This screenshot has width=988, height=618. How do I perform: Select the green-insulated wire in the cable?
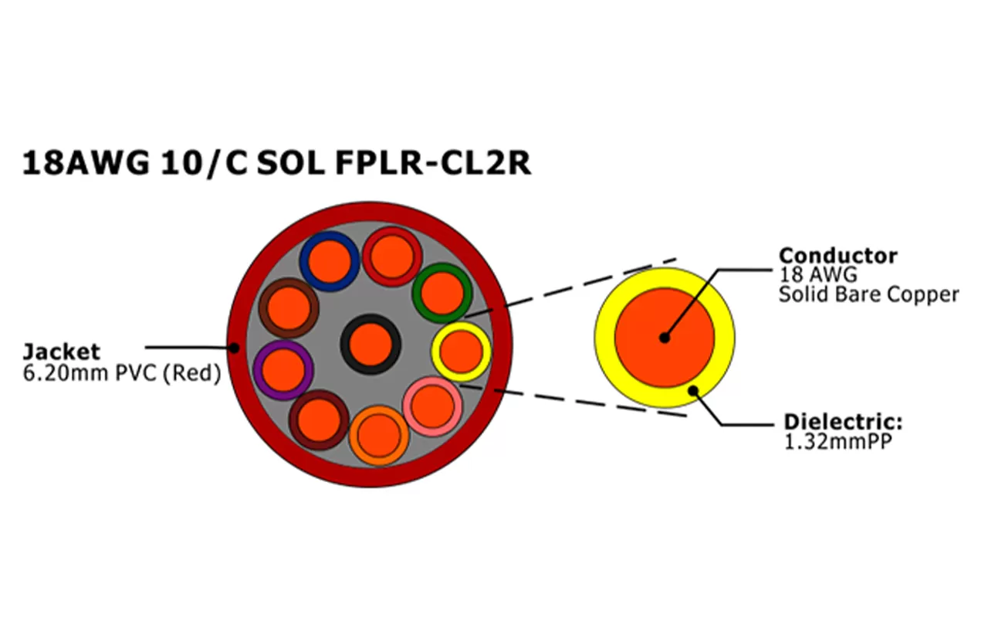pos(442,292)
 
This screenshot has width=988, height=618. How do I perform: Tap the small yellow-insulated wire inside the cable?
pos(462,351)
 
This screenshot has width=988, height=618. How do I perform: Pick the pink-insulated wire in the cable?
pos(433,406)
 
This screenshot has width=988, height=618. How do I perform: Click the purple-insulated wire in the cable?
pos(283,370)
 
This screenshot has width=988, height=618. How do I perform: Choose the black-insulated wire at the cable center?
pos(370,344)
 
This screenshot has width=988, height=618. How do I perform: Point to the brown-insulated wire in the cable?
pos(289,307)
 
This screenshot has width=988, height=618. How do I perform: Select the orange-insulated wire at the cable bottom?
pos(378,436)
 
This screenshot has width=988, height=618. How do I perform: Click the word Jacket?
pos(62,352)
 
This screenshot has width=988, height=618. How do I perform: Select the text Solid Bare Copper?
pos(868,294)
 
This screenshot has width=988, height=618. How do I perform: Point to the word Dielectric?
pos(843,423)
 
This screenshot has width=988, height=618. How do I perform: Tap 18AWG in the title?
pos(85,163)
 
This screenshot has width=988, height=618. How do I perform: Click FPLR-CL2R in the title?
pos(433,163)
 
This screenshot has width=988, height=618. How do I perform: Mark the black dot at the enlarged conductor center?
pos(664,338)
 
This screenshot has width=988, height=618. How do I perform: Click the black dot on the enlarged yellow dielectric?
pos(693,390)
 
